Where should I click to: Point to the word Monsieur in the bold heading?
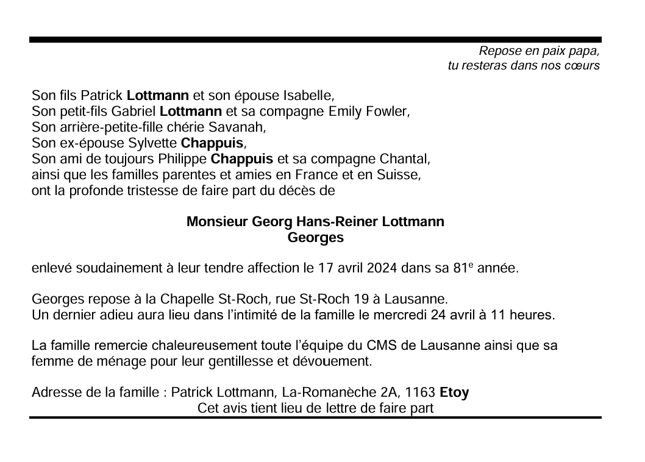click(216, 222)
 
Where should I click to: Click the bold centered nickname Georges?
click(315, 238)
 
